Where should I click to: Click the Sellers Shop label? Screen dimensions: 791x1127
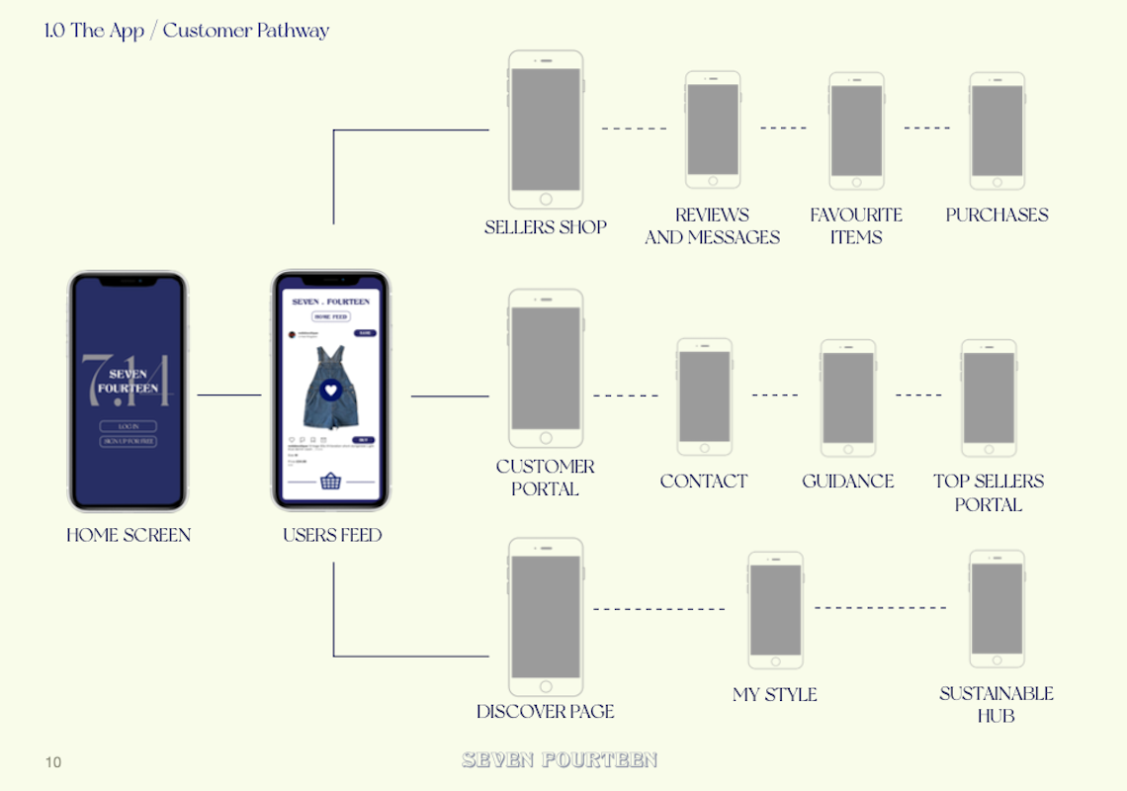545,227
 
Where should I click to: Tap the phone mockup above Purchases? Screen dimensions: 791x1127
997,131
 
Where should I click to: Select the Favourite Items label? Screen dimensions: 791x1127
856,225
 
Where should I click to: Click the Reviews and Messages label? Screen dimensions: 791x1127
712,225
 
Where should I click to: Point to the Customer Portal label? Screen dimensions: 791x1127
545,478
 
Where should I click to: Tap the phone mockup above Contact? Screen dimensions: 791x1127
704,396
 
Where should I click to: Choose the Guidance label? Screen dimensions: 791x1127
847,482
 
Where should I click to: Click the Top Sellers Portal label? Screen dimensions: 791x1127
988,492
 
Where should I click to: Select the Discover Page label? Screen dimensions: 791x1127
545,712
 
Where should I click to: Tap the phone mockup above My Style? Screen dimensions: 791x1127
775,610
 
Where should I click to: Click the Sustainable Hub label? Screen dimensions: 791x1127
996,704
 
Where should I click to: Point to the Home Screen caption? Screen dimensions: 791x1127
129,535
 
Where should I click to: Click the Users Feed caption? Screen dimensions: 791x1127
332,535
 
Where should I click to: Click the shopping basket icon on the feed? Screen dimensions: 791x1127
330,483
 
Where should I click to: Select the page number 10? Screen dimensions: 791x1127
53,762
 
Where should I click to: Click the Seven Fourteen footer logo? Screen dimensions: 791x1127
560,759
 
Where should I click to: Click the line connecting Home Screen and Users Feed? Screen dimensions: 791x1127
229,395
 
